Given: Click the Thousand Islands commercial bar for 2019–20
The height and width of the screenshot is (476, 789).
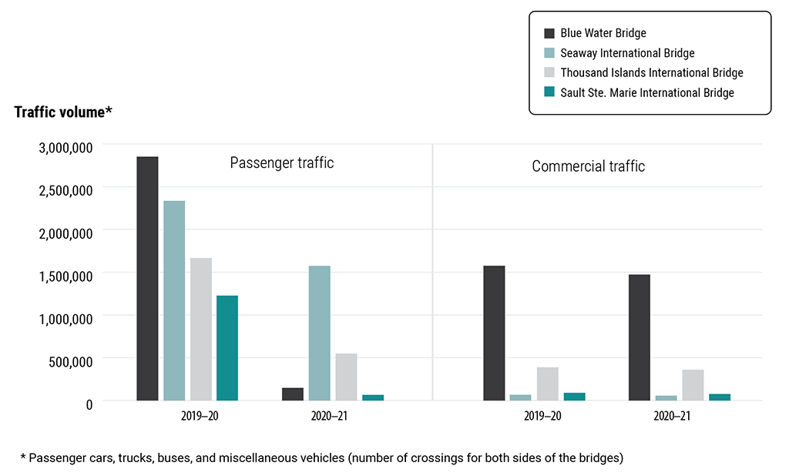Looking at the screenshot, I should point(548,384).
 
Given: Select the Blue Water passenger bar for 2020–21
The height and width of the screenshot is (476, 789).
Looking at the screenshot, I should point(293,394).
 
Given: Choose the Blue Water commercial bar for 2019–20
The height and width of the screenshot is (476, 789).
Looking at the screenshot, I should point(494,334).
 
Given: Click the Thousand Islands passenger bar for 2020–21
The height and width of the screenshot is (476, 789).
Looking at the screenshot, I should point(346,377).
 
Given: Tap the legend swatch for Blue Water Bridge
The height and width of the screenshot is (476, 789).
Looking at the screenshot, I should point(549,33).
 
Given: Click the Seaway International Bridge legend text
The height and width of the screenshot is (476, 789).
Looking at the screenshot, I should point(627,53).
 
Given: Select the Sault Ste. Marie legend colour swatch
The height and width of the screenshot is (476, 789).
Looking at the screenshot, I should point(549,92).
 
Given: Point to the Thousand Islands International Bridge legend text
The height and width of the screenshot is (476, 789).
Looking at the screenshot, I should point(651,72).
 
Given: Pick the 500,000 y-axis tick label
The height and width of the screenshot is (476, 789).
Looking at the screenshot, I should point(71,360).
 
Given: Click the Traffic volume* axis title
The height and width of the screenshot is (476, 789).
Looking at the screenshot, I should point(63,112).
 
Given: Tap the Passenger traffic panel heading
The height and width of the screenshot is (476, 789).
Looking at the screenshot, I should point(282,163).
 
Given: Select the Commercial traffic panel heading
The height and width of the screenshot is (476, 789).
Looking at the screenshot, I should point(588,166).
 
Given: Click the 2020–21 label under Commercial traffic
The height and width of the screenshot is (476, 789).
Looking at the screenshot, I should point(672,416).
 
